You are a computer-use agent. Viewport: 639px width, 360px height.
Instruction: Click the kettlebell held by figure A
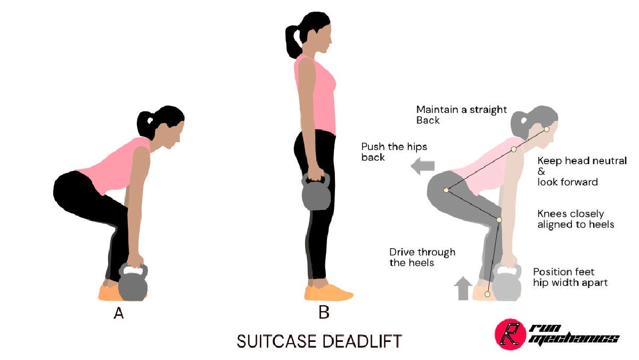tap(133, 285)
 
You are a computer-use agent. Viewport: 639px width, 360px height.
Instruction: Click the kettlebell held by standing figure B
tap(316, 194)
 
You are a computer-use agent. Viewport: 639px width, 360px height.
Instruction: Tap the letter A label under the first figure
tap(119, 314)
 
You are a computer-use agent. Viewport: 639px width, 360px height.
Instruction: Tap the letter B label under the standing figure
tap(324, 313)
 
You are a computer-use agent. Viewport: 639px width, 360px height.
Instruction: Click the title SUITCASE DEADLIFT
tap(319, 341)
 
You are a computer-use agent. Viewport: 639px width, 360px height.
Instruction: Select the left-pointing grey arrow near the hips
tap(423, 167)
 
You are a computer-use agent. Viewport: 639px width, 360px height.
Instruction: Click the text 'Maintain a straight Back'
tap(461, 115)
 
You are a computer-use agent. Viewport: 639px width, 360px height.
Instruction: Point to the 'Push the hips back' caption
tap(394, 152)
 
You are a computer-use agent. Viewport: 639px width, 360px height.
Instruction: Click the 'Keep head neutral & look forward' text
tap(581, 171)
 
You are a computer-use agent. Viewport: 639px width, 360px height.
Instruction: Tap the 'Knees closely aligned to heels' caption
tap(576, 219)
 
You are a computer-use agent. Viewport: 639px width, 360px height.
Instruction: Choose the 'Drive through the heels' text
tap(422, 257)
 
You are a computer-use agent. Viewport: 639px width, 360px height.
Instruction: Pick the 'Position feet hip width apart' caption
tap(570, 277)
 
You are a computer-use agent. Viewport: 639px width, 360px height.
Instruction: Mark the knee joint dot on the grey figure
tap(499, 219)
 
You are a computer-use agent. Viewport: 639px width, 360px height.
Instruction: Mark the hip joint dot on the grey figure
tap(446, 190)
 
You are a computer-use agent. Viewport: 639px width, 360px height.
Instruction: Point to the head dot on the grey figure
tap(546, 129)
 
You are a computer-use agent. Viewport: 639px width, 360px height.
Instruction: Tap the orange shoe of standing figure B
tap(329, 292)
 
